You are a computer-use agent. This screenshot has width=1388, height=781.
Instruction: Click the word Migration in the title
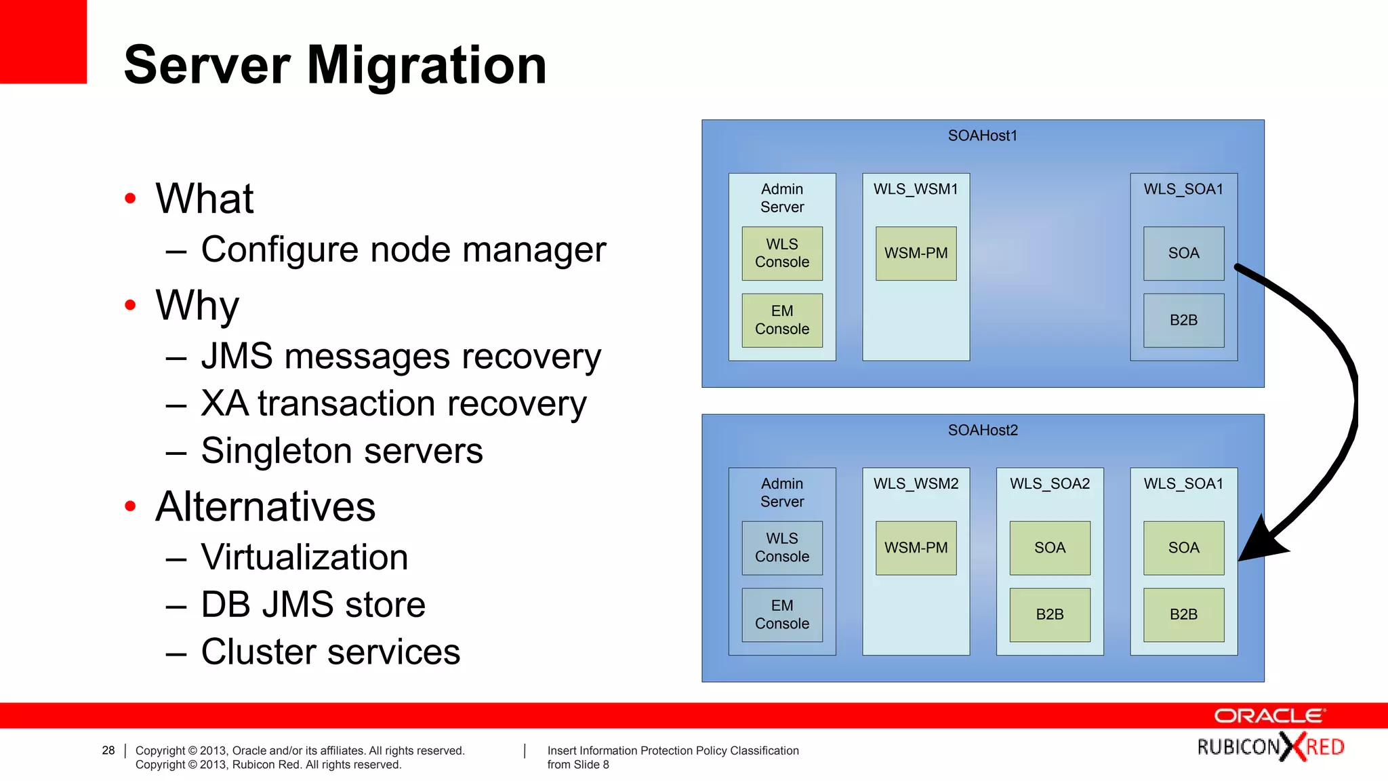426,65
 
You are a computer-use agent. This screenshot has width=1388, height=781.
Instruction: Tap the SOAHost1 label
982,136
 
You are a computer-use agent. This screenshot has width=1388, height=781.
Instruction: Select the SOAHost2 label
982,430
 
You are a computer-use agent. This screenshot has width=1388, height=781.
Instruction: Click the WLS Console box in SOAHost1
781,253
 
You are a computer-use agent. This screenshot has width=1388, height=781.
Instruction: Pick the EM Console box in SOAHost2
781,614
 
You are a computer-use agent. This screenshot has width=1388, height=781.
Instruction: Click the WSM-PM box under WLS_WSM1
916,253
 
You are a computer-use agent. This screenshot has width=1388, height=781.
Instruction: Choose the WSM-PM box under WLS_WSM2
916,548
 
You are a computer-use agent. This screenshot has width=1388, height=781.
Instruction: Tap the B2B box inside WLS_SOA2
1049,614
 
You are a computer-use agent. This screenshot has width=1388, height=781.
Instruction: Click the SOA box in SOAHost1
1183,253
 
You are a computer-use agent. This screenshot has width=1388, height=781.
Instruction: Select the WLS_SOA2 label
1049,483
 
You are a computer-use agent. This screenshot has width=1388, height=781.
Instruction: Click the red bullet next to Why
131,305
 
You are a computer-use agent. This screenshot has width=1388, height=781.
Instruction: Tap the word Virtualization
304,557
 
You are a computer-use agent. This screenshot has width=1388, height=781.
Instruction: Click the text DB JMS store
313,605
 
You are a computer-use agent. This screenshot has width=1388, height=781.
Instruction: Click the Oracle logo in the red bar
1269,716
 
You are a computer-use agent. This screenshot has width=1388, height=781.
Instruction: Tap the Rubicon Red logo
1270,747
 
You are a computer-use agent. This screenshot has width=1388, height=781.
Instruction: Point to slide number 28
108,750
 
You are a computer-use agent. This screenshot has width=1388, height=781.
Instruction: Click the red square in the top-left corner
43,41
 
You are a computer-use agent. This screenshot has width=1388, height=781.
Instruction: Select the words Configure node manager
403,249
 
